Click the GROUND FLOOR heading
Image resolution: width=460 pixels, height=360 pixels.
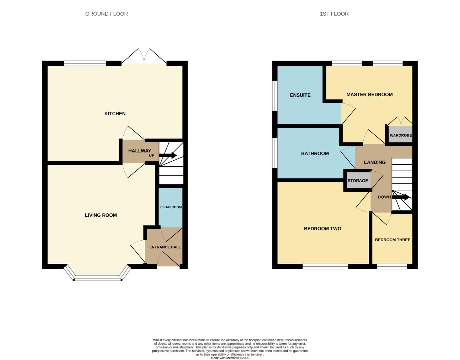click(106, 14)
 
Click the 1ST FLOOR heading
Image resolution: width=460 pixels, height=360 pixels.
click(334, 14)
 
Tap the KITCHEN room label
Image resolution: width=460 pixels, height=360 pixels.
click(115, 114)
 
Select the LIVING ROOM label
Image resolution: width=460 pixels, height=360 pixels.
click(101, 215)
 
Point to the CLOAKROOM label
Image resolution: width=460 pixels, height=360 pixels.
click(171, 207)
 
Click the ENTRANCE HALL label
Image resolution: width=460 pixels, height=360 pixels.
click(165, 247)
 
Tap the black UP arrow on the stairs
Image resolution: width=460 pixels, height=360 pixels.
click(168, 155)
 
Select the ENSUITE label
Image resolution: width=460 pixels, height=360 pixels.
click(300, 95)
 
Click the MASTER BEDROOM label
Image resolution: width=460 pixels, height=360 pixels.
click(369, 95)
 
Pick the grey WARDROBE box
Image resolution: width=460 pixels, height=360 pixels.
click(400, 135)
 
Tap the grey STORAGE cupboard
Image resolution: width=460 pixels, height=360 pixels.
click(358, 181)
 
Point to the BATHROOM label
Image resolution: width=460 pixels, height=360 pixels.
click(315, 153)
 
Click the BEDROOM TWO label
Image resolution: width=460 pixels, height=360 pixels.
click(322, 229)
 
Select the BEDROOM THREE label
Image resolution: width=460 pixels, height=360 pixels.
click(392, 240)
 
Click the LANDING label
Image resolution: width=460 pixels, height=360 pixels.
click(374, 162)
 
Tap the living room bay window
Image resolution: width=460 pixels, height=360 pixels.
click(97, 277)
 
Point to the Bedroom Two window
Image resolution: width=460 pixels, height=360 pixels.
click(325, 266)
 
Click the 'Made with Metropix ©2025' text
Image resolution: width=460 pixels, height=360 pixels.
click(230, 358)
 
